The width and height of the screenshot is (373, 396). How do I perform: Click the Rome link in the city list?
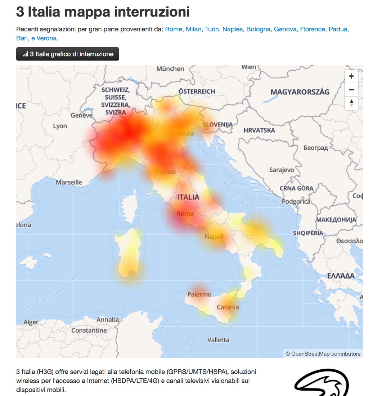(174, 29)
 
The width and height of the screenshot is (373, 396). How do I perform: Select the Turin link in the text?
(212, 29)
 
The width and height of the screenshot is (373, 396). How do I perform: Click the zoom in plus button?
(351, 76)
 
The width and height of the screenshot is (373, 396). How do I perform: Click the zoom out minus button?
(351, 89)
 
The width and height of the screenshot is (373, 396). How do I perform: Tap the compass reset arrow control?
(351, 103)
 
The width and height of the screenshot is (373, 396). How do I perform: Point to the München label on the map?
(170, 69)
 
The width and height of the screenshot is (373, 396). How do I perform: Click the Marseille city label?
(69, 182)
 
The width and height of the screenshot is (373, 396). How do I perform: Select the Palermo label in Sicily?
(199, 294)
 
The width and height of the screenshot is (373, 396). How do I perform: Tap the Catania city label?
(228, 307)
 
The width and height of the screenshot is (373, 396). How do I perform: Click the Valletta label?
(218, 340)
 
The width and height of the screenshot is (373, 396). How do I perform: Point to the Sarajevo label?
(282, 170)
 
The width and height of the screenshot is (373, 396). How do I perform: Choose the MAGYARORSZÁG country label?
(300, 92)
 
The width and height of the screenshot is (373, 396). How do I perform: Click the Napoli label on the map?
(214, 237)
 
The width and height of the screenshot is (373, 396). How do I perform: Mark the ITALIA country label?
(188, 197)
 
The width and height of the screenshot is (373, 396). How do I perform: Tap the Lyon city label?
(60, 126)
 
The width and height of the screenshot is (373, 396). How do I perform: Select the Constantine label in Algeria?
(89, 330)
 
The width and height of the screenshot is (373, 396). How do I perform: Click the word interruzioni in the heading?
(152, 12)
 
